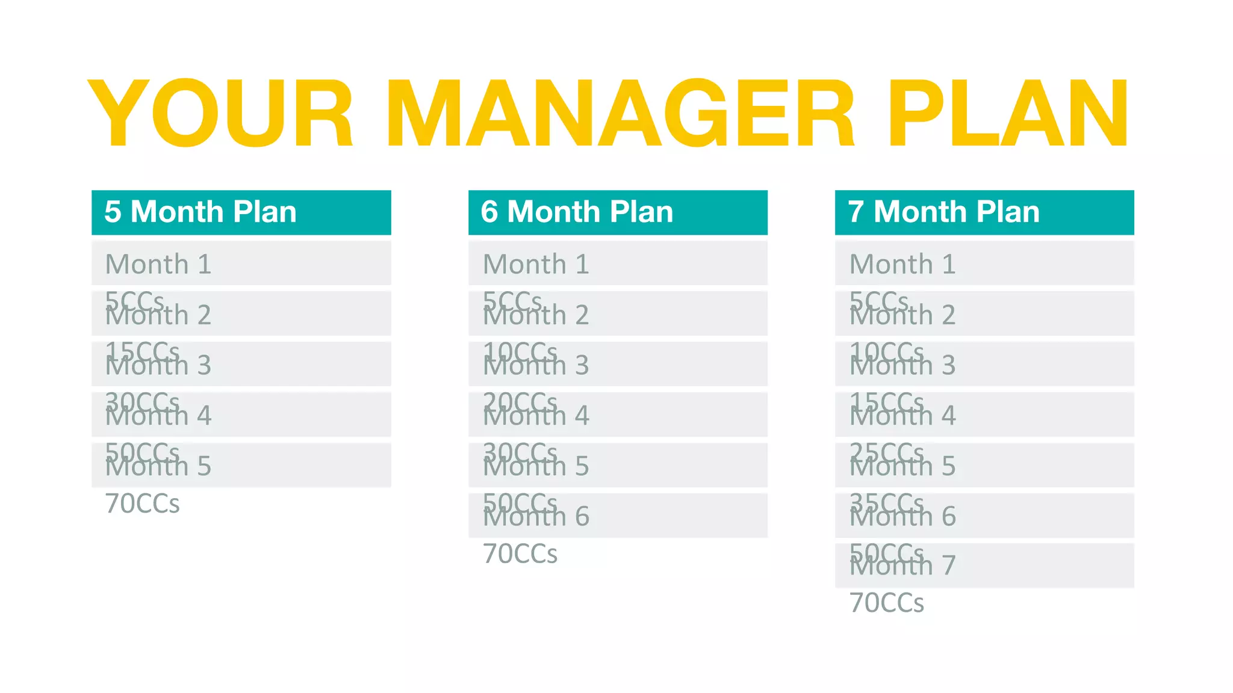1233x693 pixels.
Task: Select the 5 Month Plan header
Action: tap(200, 212)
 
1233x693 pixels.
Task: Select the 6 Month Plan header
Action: tap(577, 212)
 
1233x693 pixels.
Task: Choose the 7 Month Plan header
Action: tap(943, 212)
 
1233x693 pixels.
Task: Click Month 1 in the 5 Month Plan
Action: tap(158, 264)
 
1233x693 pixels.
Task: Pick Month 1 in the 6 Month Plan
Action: tap(536, 264)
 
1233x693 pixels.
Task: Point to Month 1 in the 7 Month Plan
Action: tap(902, 264)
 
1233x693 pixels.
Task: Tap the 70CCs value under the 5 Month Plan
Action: tap(142, 504)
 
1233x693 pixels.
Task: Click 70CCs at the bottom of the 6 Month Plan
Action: tap(520, 554)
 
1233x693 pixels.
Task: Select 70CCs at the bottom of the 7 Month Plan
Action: tap(886, 603)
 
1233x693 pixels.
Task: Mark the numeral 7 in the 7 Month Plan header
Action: tap(856, 212)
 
